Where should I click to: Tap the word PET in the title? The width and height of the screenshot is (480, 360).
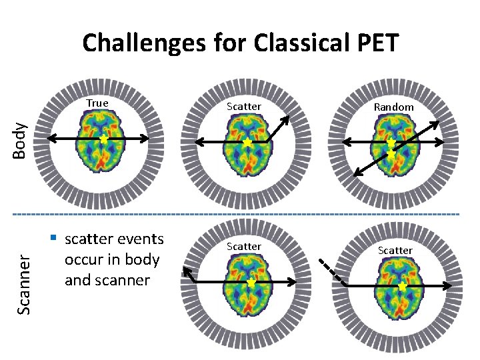[375, 43]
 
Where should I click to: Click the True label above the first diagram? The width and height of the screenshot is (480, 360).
[97, 103]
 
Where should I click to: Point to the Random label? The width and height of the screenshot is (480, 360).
[393, 107]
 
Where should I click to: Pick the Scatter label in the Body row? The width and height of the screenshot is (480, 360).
[244, 106]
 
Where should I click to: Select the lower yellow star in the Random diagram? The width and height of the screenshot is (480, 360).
[392, 154]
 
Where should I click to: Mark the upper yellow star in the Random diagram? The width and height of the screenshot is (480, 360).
[392, 143]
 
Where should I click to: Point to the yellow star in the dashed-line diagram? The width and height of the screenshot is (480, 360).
[402, 285]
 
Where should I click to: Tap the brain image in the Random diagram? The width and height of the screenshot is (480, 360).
[391, 141]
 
